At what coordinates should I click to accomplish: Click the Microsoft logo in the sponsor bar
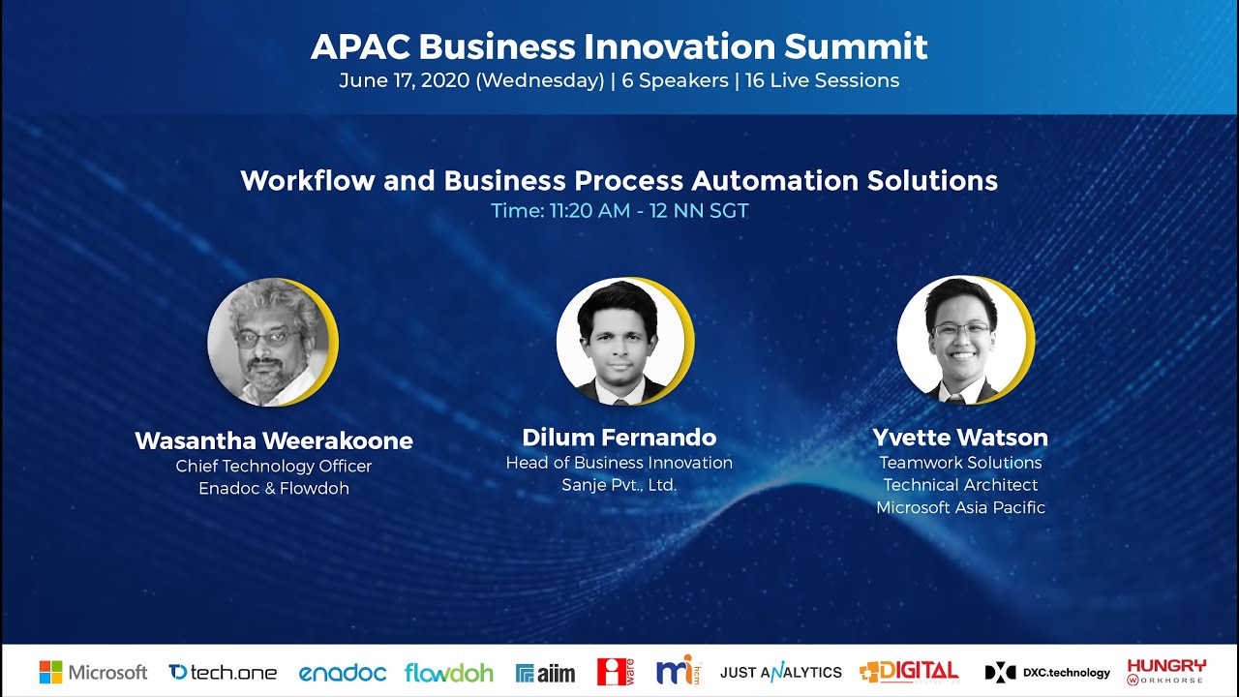pos(93,672)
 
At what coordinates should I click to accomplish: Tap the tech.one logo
pos(223,672)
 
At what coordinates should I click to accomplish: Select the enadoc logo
pos(342,672)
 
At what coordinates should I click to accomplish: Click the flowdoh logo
pos(449,672)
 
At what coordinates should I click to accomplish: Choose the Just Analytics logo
pos(781,672)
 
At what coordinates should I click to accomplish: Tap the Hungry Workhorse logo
pos(1166,671)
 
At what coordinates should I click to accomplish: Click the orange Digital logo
pos(909,672)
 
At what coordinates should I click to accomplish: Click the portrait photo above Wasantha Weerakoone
pos(270,343)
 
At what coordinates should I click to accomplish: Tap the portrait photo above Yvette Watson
pos(960,340)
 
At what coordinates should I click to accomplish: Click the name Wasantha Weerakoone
pos(274,441)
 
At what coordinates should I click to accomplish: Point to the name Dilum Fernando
pos(619,437)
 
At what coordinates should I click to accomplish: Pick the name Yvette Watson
pos(960,438)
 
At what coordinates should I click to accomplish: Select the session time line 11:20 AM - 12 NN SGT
pos(619,210)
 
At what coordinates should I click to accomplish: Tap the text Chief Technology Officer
pos(274,466)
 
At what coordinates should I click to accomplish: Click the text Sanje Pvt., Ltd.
pos(619,485)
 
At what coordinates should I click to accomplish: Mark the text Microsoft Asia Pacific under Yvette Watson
pos(960,507)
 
